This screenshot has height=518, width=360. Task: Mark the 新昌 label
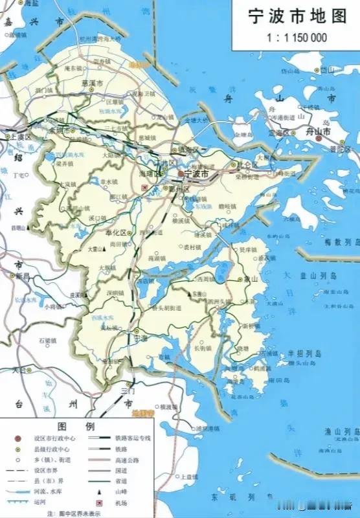pyautogui.click(x=23, y=276)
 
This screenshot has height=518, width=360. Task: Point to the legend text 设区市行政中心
pyautogui.click(x=53, y=438)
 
